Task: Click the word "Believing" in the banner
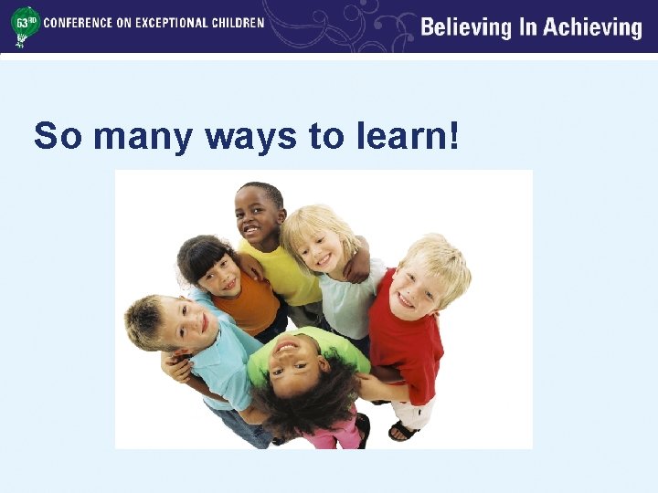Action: [466, 27]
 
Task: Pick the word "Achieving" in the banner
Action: [593, 27]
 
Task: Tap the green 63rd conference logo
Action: [25, 25]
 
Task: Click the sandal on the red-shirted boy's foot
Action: [403, 430]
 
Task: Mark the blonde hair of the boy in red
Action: [437, 256]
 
